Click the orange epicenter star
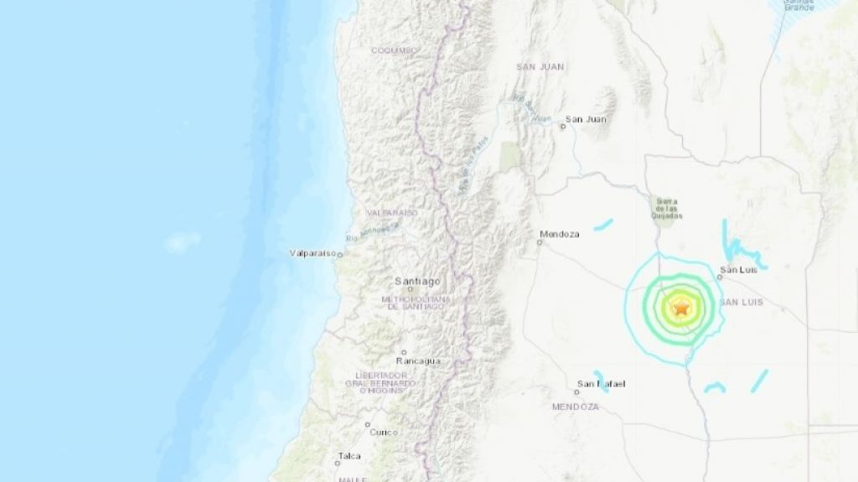click(681, 308)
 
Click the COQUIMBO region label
click(394, 50)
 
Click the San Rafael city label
click(602, 385)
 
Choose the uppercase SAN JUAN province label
click(540, 66)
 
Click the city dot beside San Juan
click(563, 127)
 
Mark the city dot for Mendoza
click(540, 243)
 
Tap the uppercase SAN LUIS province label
click(742, 302)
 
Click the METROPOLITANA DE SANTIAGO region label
click(411, 303)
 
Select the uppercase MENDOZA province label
click(575, 407)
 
